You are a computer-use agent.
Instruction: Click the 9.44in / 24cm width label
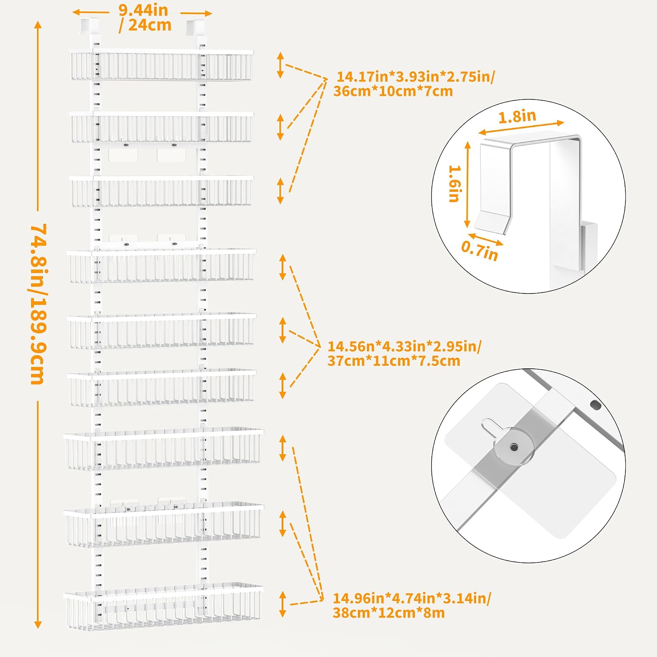point(145,18)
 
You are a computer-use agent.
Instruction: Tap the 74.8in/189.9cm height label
point(39,304)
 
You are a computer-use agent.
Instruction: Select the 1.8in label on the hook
point(517,117)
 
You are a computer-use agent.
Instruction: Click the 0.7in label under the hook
point(480,251)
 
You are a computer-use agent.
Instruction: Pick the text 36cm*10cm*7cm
point(393,91)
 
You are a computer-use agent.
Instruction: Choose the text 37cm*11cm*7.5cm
point(394,361)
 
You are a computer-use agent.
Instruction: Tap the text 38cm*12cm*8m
point(389,612)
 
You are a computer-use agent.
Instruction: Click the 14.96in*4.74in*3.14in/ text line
point(412,598)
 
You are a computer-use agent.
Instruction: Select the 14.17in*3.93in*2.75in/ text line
point(416,77)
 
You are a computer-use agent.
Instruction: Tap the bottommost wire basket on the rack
point(164,607)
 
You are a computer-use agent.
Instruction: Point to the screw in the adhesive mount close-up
point(514,447)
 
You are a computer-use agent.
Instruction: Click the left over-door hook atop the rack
point(88,25)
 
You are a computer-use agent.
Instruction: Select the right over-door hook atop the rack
point(196,26)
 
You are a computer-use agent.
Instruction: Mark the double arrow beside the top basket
point(280,65)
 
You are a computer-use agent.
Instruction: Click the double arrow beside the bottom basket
point(283,604)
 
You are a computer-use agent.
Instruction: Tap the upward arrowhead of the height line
point(38,25)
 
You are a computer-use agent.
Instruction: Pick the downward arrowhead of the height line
point(38,625)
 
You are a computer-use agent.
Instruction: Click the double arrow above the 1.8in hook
point(521,127)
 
